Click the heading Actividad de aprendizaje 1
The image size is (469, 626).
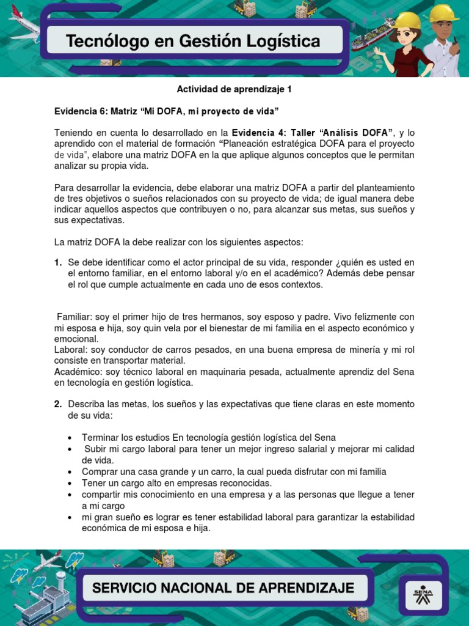234,89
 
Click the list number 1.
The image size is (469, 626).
57,262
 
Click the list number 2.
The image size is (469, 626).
57,404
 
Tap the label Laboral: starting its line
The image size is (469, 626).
71,350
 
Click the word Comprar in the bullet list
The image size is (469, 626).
101,471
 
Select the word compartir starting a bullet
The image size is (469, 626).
102,494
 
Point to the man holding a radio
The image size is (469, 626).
443,40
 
